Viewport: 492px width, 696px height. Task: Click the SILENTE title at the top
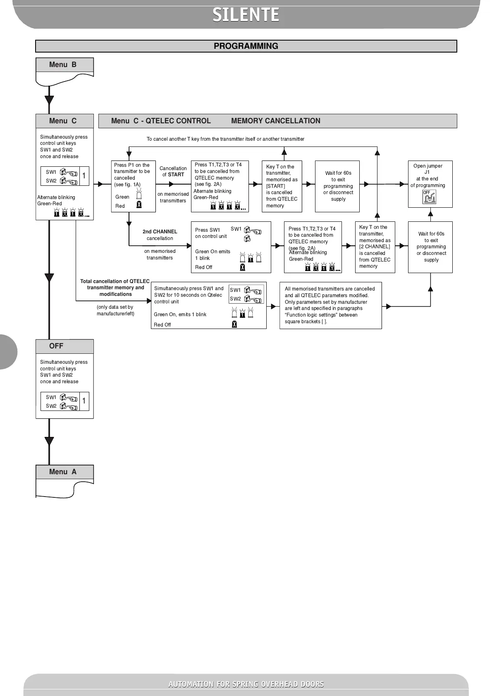click(x=246, y=15)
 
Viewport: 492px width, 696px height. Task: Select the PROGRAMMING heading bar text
click(x=246, y=46)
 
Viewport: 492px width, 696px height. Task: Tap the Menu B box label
click(x=63, y=65)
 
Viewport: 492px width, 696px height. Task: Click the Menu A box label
click(x=63, y=472)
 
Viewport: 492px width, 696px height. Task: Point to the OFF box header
click(x=57, y=346)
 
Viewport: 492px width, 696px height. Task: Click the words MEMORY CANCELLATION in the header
click(x=275, y=121)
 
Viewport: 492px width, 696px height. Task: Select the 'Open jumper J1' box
click(x=430, y=184)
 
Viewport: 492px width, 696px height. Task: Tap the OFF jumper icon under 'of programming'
click(x=429, y=197)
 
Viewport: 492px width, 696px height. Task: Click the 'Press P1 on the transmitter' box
click(x=133, y=186)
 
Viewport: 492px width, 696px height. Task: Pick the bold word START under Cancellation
click(x=176, y=175)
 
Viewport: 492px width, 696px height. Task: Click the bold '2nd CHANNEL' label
click(x=160, y=232)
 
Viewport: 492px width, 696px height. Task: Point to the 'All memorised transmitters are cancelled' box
click(x=330, y=305)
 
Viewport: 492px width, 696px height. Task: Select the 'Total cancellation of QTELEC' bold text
click(x=115, y=281)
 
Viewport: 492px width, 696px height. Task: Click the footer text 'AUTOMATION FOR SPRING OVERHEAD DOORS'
click(x=246, y=684)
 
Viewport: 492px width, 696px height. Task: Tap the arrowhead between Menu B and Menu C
click(x=49, y=100)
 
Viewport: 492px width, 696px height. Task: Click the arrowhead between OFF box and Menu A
click(x=49, y=441)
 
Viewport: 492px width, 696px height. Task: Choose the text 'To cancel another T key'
click(x=225, y=139)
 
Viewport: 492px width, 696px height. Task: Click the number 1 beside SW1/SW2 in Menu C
click(x=84, y=176)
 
